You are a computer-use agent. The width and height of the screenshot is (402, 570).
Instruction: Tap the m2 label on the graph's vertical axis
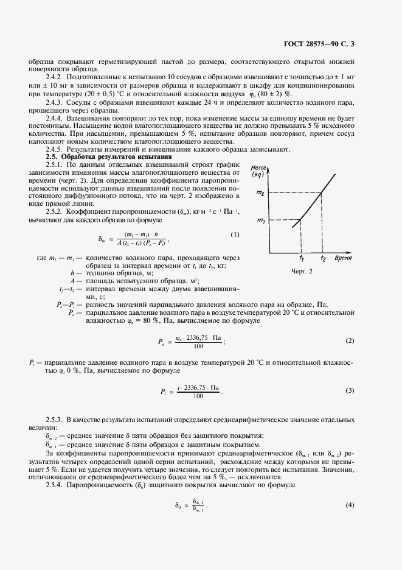pos(260,194)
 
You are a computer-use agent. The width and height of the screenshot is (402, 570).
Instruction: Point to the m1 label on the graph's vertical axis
pos(260,220)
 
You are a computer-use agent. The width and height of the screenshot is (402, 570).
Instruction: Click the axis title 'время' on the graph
pos(347,258)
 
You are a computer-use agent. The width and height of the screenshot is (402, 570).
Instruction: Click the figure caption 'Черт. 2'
pos(303,272)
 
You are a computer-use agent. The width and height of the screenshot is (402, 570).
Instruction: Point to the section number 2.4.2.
pos(56,78)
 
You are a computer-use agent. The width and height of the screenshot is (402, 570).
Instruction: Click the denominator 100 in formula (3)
pos(196,396)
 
